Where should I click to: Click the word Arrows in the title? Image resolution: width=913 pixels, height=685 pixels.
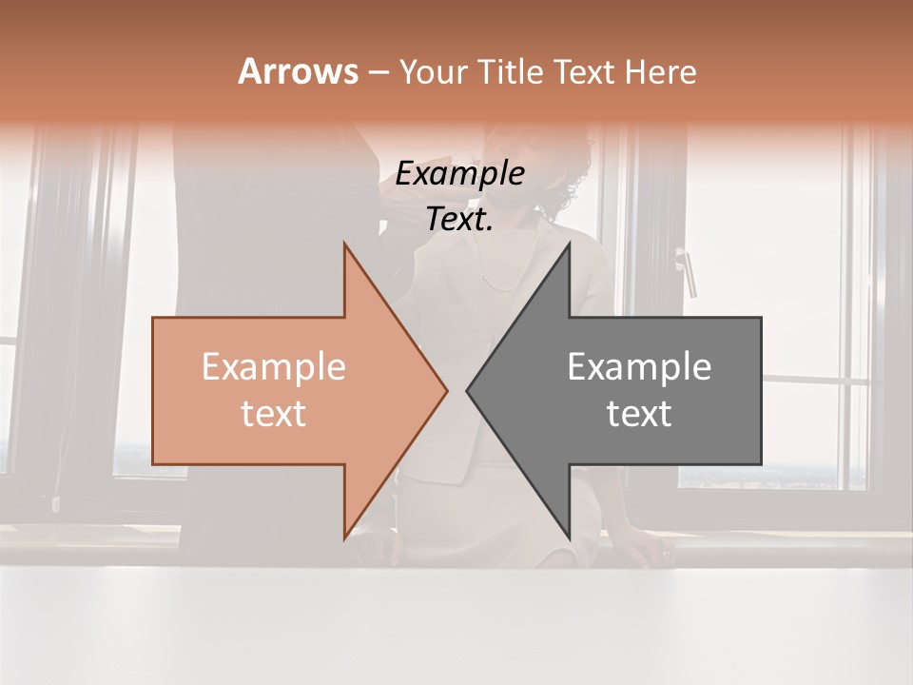point(298,71)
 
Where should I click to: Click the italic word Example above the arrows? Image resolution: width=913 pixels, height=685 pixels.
point(460,174)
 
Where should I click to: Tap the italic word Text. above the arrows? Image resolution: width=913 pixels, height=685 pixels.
point(460,220)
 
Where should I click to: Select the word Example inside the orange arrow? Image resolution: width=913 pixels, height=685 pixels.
point(274,367)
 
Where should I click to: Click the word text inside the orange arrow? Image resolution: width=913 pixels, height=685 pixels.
point(274,414)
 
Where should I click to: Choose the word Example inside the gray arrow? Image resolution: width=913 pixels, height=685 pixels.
point(639,367)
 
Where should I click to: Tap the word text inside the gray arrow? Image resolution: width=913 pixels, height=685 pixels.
point(639,414)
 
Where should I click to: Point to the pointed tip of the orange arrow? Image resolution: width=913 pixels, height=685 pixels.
point(446,390)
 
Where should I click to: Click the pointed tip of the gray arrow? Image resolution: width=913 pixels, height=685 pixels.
point(467,390)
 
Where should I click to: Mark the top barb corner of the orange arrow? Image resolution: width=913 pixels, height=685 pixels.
point(344,245)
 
